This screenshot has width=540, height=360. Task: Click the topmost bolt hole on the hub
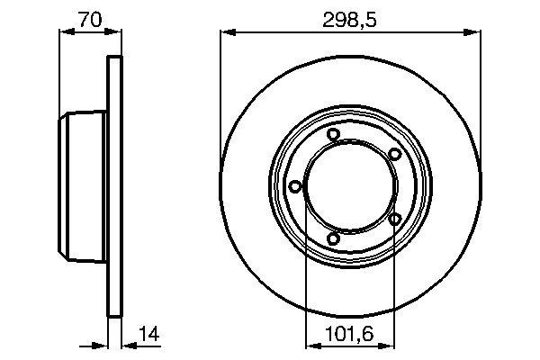pos(333,135)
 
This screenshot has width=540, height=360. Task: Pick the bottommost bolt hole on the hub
pos(333,238)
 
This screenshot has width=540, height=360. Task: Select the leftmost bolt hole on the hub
pos(294,186)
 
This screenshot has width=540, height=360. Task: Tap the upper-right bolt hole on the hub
pos(394,155)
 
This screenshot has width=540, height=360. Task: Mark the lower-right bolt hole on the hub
pos(394,219)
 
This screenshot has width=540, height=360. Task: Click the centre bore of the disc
pos(348,187)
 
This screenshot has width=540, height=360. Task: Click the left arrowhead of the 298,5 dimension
pos(227,32)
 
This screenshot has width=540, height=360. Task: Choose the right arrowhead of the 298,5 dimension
pos(473,32)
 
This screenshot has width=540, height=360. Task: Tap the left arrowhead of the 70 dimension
pos(65,32)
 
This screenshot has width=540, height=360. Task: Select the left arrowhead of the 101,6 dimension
pos(311,344)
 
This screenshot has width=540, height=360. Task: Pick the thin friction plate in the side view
pos(113,187)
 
